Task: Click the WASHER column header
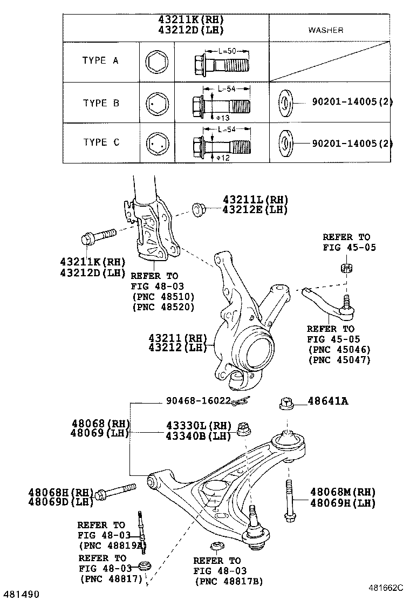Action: click(325, 30)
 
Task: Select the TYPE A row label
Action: click(100, 61)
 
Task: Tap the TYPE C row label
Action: click(101, 142)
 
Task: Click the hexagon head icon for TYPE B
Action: click(156, 103)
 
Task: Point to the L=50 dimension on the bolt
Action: click(229, 52)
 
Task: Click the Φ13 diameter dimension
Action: click(223, 118)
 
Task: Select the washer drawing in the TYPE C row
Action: click(285, 143)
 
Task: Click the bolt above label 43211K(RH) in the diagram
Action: click(98, 236)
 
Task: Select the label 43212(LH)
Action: click(178, 348)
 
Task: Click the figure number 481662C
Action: click(388, 588)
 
